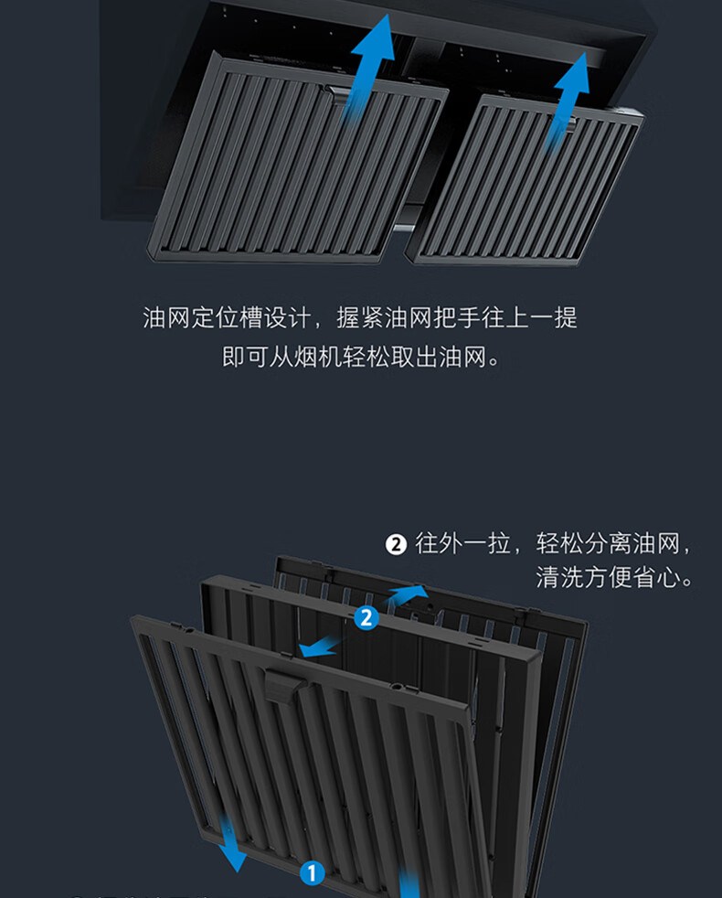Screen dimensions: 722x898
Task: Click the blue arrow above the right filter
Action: (x=568, y=96)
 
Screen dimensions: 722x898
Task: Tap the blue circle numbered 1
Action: (x=312, y=873)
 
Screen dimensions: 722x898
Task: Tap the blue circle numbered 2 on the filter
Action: (x=366, y=618)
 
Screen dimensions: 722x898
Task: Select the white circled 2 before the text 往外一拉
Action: (x=395, y=545)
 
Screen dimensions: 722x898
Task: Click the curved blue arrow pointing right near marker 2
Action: (x=409, y=595)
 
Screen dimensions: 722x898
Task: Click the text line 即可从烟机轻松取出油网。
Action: (x=362, y=357)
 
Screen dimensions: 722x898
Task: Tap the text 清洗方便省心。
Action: (x=614, y=579)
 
